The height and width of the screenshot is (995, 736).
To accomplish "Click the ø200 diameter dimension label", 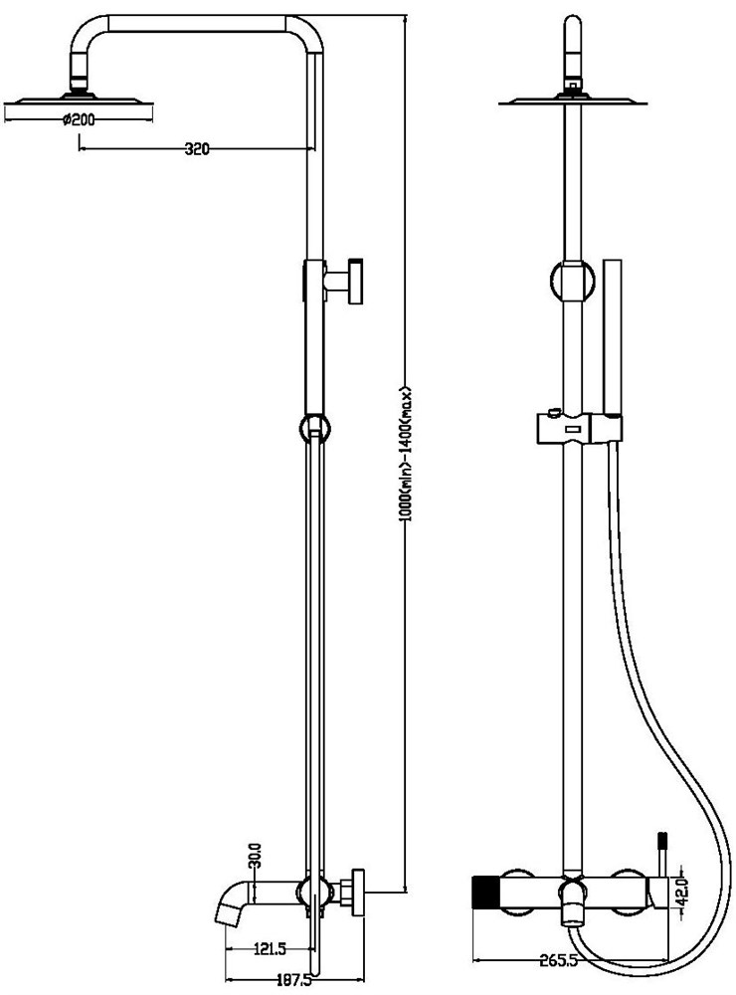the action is (79, 118).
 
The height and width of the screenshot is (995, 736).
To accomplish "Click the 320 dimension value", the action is (197, 149).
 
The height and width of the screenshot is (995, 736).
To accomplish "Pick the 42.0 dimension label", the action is (682, 893).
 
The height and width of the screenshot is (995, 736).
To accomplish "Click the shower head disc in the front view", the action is (573, 100).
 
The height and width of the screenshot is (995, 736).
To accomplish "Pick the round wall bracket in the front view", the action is (573, 280).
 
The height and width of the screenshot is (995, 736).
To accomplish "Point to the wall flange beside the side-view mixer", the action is (357, 893).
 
